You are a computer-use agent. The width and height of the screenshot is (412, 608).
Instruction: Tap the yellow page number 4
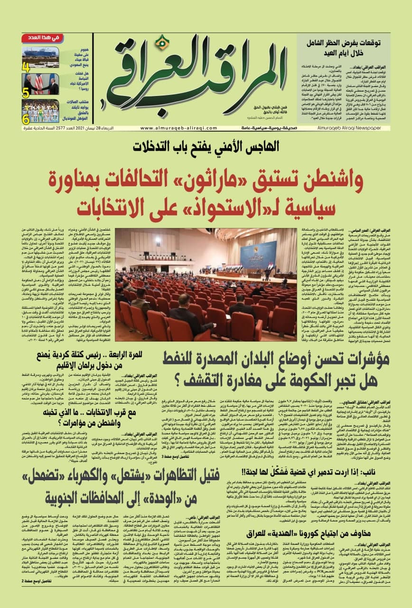point(26,67)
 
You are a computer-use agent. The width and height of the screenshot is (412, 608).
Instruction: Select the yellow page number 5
point(26,93)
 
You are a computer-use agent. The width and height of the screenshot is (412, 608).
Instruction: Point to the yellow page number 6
point(26,119)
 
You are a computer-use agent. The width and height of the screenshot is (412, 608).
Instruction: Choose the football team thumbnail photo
point(41,111)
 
